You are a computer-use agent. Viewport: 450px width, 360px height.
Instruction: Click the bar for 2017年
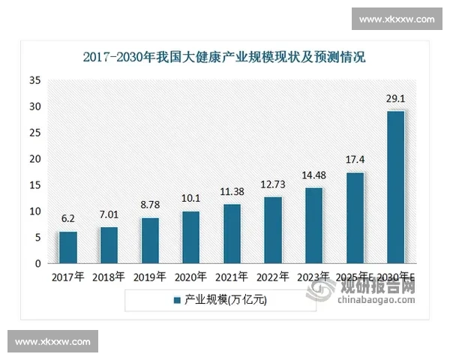click(x=68, y=247)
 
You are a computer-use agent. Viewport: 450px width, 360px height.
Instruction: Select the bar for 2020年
click(x=190, y=237)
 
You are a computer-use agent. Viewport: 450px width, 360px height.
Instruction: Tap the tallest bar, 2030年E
click(x=395, y=187)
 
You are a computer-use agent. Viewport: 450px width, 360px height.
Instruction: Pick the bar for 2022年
click(x=273, y=230)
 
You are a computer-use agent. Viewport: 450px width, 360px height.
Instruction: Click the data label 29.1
click(x=396, y=98)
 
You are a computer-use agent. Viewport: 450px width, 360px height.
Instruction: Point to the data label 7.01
click(x=109, y=215)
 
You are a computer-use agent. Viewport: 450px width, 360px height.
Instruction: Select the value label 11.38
click(x=232, y=191)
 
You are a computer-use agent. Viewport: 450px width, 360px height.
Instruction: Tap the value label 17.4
click(x=355, y=160)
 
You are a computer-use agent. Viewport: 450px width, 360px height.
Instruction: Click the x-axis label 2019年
click(x=150, y=277)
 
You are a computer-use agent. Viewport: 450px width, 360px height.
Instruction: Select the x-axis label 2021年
click(x=232, y=277)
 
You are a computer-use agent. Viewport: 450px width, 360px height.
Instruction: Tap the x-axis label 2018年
click(x=109, y=277)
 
